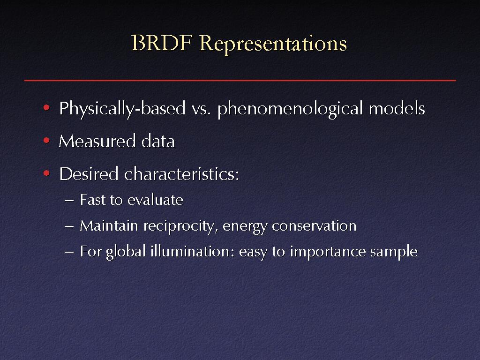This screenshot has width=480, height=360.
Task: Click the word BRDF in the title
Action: coord(162,43)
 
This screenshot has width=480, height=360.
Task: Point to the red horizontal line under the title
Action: coord(240,80)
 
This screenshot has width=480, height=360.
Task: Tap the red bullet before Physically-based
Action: coord(46,108)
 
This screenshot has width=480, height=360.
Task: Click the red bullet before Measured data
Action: coord(46,141)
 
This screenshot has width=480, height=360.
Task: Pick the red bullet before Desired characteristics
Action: coord(46,173)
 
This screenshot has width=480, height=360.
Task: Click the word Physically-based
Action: coord(122,109)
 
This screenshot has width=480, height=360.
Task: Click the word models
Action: coord(397,108)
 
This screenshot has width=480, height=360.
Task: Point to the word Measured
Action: coord(97,141)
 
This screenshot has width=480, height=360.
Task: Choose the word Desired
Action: coord(89,174)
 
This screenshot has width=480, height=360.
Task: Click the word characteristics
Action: coord(181,174)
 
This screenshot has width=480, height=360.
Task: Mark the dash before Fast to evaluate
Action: coord(69,201)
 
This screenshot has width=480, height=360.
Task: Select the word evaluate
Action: coord(155,200)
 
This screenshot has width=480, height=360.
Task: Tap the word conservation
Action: coord(314,226)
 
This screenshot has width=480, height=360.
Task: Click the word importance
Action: coord(327,253)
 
